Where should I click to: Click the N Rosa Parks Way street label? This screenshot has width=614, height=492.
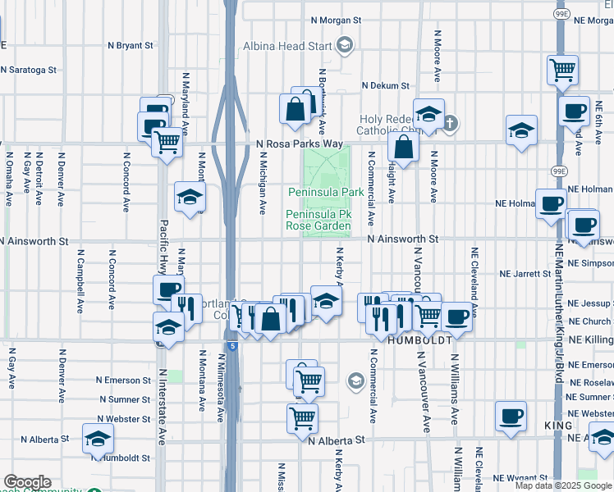pos(299,143)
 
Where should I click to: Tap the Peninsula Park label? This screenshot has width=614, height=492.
pos(325,192)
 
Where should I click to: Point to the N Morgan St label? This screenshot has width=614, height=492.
pos(337,20)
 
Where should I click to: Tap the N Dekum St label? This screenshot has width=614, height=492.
pos(383,85)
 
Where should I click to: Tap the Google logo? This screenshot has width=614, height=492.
pos(26,483)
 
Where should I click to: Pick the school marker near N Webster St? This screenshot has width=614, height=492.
pos(98,439)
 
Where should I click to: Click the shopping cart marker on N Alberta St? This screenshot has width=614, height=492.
pos(302,417)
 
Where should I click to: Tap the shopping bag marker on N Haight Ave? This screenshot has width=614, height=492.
pos(404,148)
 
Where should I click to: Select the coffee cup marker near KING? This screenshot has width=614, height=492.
pos(511,416)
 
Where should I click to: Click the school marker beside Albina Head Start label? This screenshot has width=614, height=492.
pos(346,44)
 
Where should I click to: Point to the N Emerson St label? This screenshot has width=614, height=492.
pos(123,380)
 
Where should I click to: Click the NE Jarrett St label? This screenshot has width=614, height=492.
pos(525,273)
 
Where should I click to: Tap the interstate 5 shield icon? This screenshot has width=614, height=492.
pos(234,346)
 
